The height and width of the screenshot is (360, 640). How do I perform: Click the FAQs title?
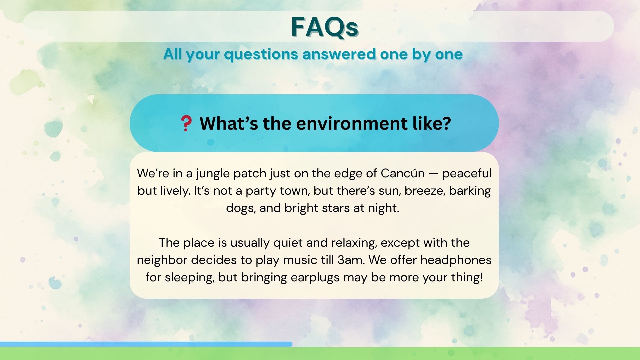[x=325, y=27]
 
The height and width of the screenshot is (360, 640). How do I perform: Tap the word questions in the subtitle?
[x=261, y=55]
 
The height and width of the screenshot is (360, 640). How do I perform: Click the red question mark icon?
[x=186, y=123]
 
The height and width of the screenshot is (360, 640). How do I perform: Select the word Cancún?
[x=403, y=173]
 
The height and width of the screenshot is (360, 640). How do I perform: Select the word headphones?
[x=456, y=260]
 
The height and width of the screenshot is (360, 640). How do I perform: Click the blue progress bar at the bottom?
[x=146, y=344]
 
